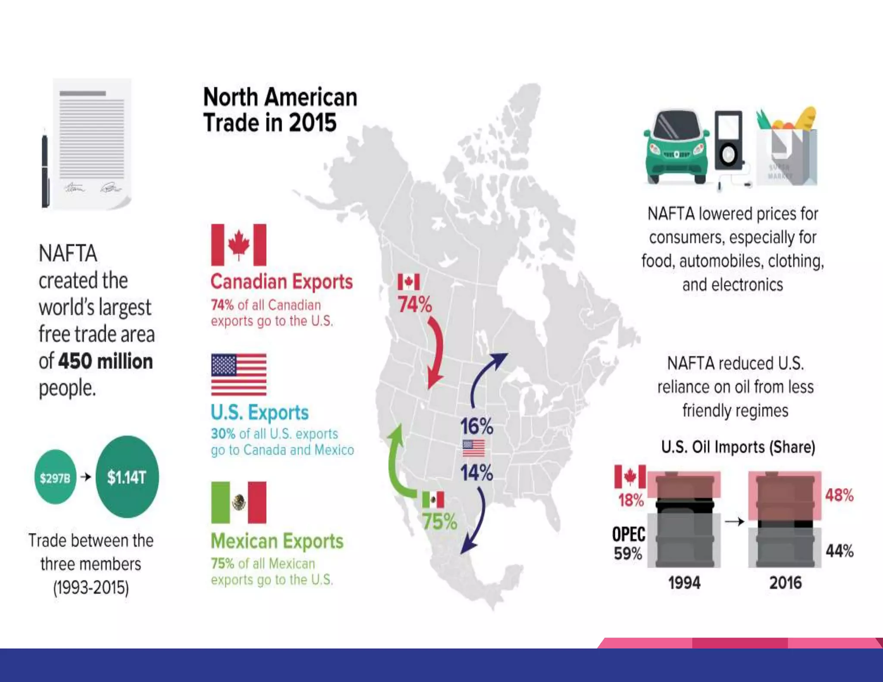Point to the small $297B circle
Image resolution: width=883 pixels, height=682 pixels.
point(55,477)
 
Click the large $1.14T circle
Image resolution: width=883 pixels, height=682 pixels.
point(127,477)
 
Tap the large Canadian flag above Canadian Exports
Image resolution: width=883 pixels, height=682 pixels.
point(238,244)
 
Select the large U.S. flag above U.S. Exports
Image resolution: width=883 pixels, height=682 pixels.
point(238,374)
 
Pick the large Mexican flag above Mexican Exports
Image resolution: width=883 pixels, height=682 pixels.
point(238,502)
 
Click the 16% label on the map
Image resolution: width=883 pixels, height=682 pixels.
point(476,426)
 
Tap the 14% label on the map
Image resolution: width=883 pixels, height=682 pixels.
point(476,472)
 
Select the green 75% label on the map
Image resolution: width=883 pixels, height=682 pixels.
point(439,522)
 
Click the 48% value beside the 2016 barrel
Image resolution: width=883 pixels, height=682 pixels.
point(839,495)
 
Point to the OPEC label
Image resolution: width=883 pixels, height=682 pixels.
point(629,535)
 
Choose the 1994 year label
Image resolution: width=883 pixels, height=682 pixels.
point(684,583)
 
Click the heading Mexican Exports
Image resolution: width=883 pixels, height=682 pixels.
point(277,541)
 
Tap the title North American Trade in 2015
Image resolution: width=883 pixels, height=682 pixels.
point(280,109)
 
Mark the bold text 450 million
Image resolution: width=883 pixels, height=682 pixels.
point(106,361)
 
